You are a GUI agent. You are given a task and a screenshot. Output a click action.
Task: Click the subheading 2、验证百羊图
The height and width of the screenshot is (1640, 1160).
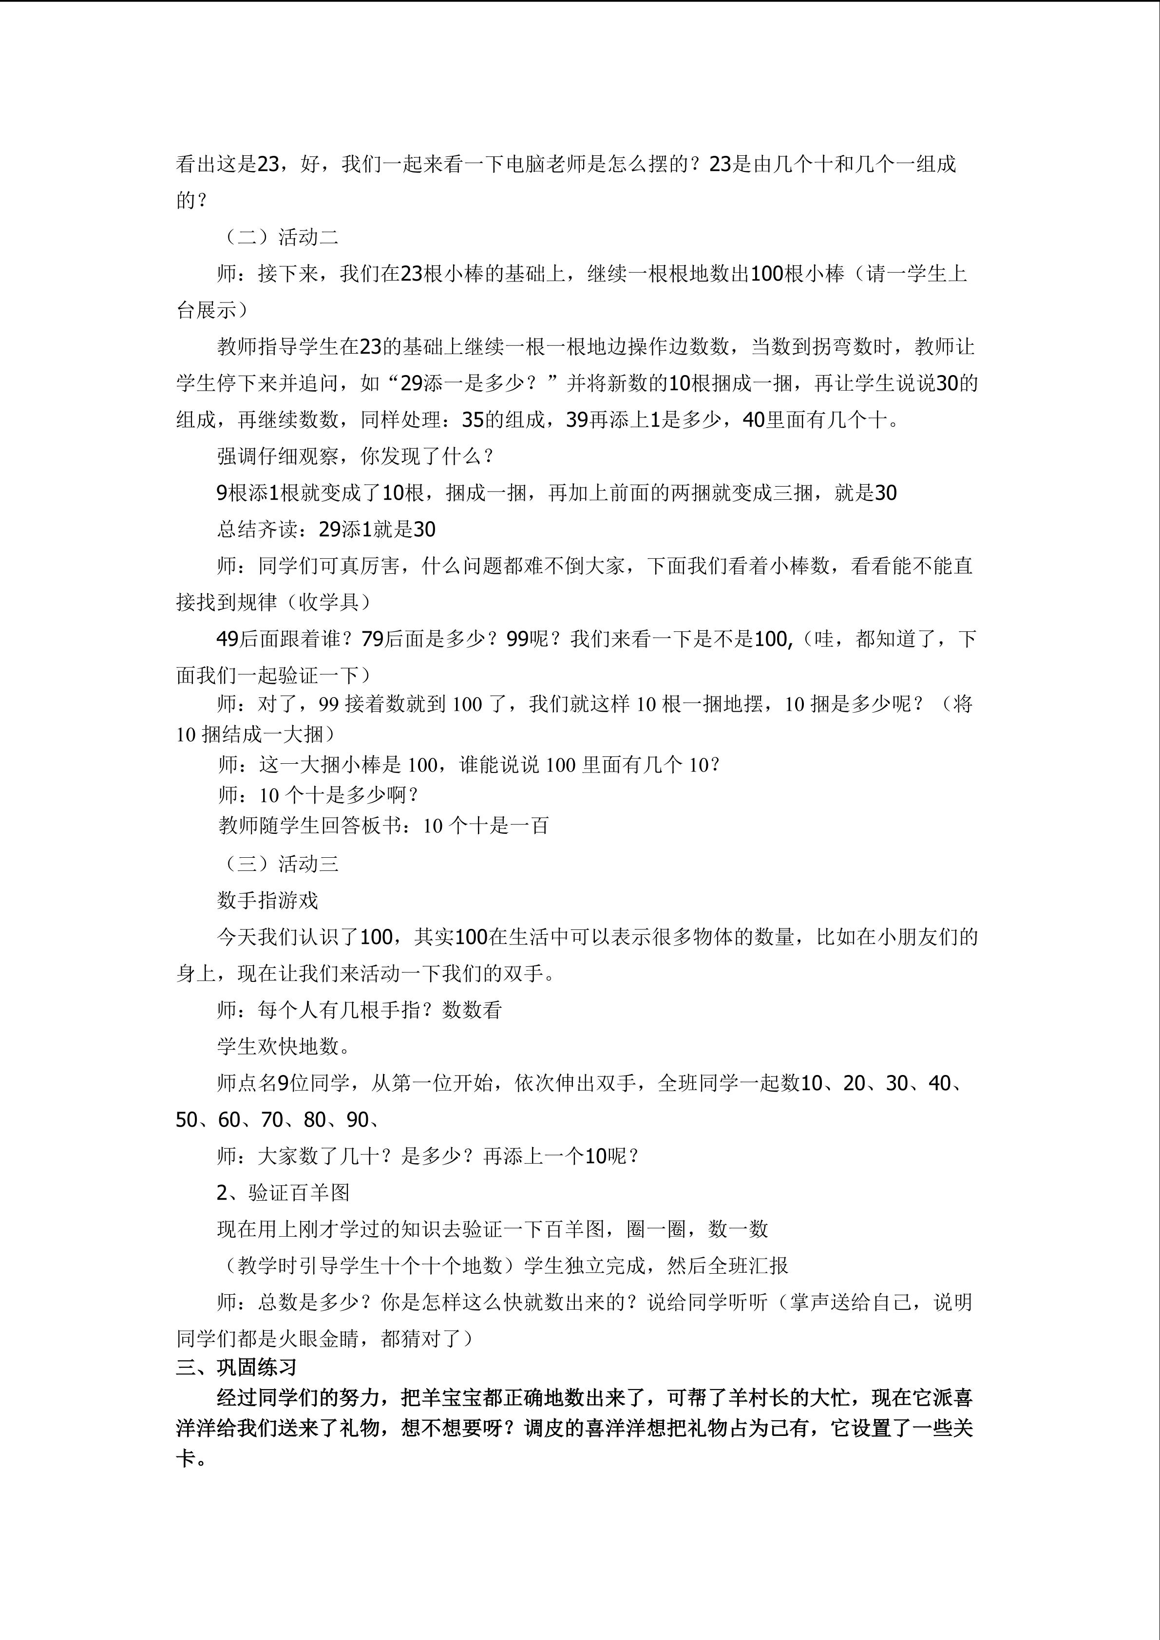click(283, 1192)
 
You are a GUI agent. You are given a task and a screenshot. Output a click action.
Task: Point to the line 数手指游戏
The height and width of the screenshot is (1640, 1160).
click(267, 900)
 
